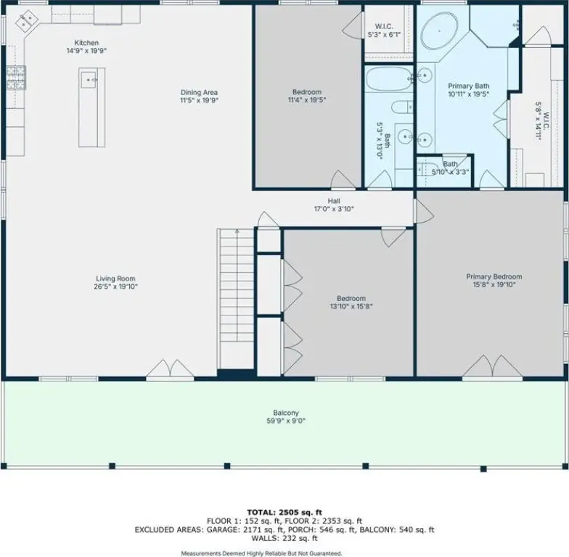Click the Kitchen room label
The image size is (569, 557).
[86, 43]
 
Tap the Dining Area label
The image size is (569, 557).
[199, 93]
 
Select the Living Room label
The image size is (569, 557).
[115, 278]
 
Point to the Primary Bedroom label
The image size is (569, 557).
[494, 277]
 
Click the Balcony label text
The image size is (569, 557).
[286, 413]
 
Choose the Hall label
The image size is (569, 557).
[334, 201]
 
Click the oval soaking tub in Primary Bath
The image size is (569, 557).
[440, 31]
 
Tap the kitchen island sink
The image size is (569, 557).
[89, 80]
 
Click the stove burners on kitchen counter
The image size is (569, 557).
[16, 78]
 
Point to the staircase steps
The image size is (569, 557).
[235, 299]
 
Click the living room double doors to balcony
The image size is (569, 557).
[170, 368]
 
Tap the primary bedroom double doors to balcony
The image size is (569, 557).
[492, 366]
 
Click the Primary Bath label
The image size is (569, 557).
[469, 86]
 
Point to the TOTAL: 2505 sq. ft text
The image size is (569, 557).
[284, 512]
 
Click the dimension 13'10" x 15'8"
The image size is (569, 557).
[351, 306]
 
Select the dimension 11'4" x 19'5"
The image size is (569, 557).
[307, 100]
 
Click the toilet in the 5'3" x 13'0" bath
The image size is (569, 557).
[402, 107]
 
